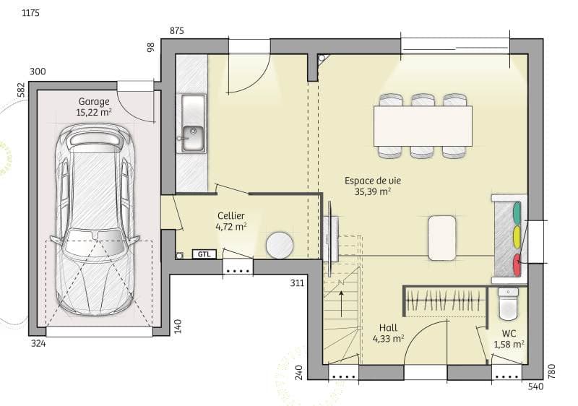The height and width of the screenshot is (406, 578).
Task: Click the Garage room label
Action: coord(94,107)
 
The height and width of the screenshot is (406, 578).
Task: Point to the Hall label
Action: coord(388,332)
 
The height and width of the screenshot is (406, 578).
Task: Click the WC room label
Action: coord(509,340)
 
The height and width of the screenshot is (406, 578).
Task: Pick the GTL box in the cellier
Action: coord(204,254)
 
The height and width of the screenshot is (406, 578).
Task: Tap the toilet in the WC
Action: coord(509,303)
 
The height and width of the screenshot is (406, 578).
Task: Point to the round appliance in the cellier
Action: coord(279,245)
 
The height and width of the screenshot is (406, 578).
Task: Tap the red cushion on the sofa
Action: coord(516,263)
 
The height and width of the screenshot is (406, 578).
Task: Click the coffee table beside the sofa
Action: coord(442,237)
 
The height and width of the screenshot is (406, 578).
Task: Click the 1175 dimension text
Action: coord(30,14)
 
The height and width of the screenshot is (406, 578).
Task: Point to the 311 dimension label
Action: coord(297,282)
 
